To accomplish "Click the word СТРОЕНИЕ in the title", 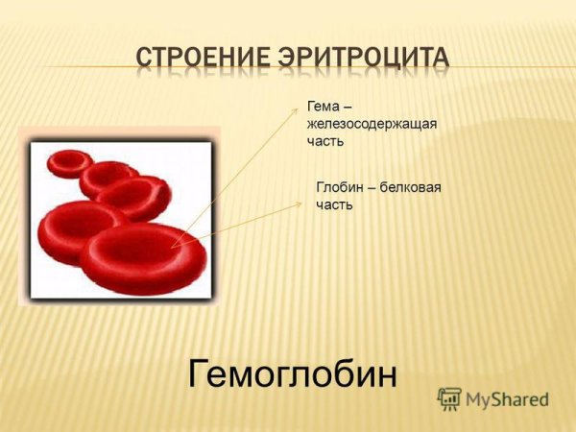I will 202,59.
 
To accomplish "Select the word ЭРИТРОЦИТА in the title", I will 363,59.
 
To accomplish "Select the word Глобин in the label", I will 339,187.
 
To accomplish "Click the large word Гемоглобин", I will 293,372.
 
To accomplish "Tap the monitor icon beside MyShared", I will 449,399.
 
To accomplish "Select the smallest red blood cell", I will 69,162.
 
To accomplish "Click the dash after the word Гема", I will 345,108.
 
